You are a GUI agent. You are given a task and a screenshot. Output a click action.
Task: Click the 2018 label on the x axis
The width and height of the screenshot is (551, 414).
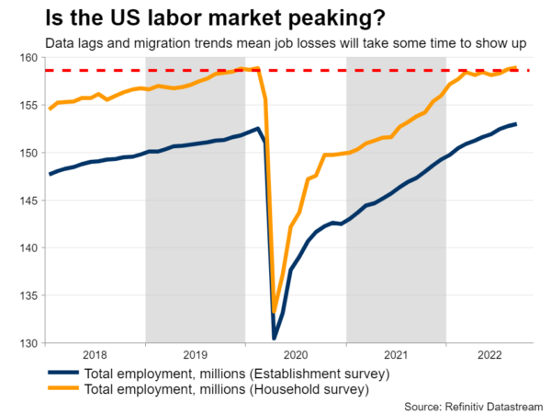[96, 353]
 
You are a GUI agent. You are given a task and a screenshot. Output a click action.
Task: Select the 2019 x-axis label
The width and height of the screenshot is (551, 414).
[196, 353]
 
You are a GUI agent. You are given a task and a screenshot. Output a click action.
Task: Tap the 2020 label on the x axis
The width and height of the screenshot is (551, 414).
[296, 353]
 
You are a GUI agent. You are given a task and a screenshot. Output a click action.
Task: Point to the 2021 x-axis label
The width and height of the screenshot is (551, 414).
[396, 353]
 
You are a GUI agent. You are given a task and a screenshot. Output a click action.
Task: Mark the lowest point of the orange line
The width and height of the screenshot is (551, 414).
[274, 312]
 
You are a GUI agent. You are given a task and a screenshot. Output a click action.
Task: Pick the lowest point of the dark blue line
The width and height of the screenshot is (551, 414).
[274, 339]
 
